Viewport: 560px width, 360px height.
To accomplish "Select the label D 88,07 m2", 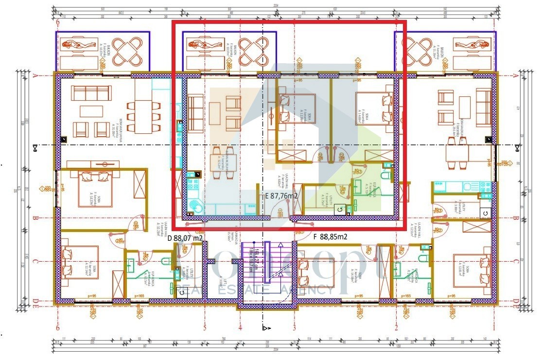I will (185, 238).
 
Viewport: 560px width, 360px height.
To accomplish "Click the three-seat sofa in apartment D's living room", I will (89, 92).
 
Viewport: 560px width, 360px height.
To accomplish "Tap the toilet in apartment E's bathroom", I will (387, 175).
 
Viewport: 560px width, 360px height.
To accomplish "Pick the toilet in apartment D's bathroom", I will (166, 261).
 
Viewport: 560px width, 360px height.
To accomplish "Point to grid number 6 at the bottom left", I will (58, 327).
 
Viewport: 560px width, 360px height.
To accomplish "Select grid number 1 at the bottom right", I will (494, 327).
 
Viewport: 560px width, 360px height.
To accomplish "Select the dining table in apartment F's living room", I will (457, 154).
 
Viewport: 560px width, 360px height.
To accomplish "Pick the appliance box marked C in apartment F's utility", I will (484, 213).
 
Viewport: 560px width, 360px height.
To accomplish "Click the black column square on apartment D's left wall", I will (64, 140).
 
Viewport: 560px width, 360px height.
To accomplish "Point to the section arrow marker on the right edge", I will (517, 146).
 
